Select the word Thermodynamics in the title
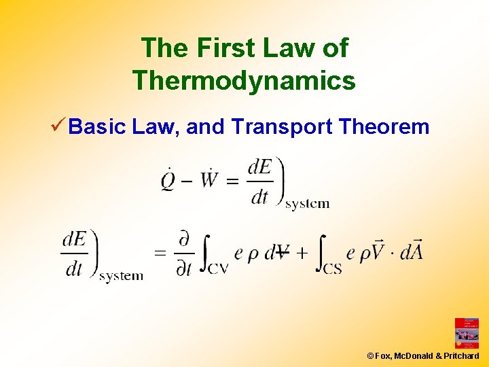[x=244, y=80]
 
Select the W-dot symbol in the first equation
[x=209, y=180]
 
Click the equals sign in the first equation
[x=232, y=181]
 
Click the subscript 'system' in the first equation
[x=307, y=203]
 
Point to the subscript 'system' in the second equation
[x=121, y=276]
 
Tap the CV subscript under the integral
[x=218, y=268]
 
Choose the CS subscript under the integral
[x=331, y=268]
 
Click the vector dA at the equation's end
[x=412, y=252]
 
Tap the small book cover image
[x=467, y=333]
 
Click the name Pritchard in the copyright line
[x=462, y=355]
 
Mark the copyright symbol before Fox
[x=370, y=355]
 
